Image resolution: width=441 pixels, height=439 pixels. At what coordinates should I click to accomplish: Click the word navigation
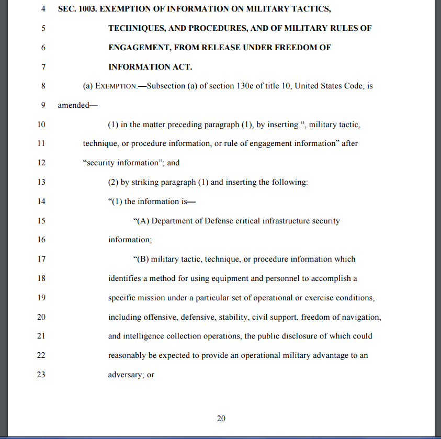pos(363,317)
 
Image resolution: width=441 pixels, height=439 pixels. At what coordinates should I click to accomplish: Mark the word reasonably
pos(128,355)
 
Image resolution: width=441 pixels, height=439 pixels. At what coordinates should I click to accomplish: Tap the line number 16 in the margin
pos(42,240)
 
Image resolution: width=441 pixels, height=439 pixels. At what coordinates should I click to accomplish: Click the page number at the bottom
pos(221,418)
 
